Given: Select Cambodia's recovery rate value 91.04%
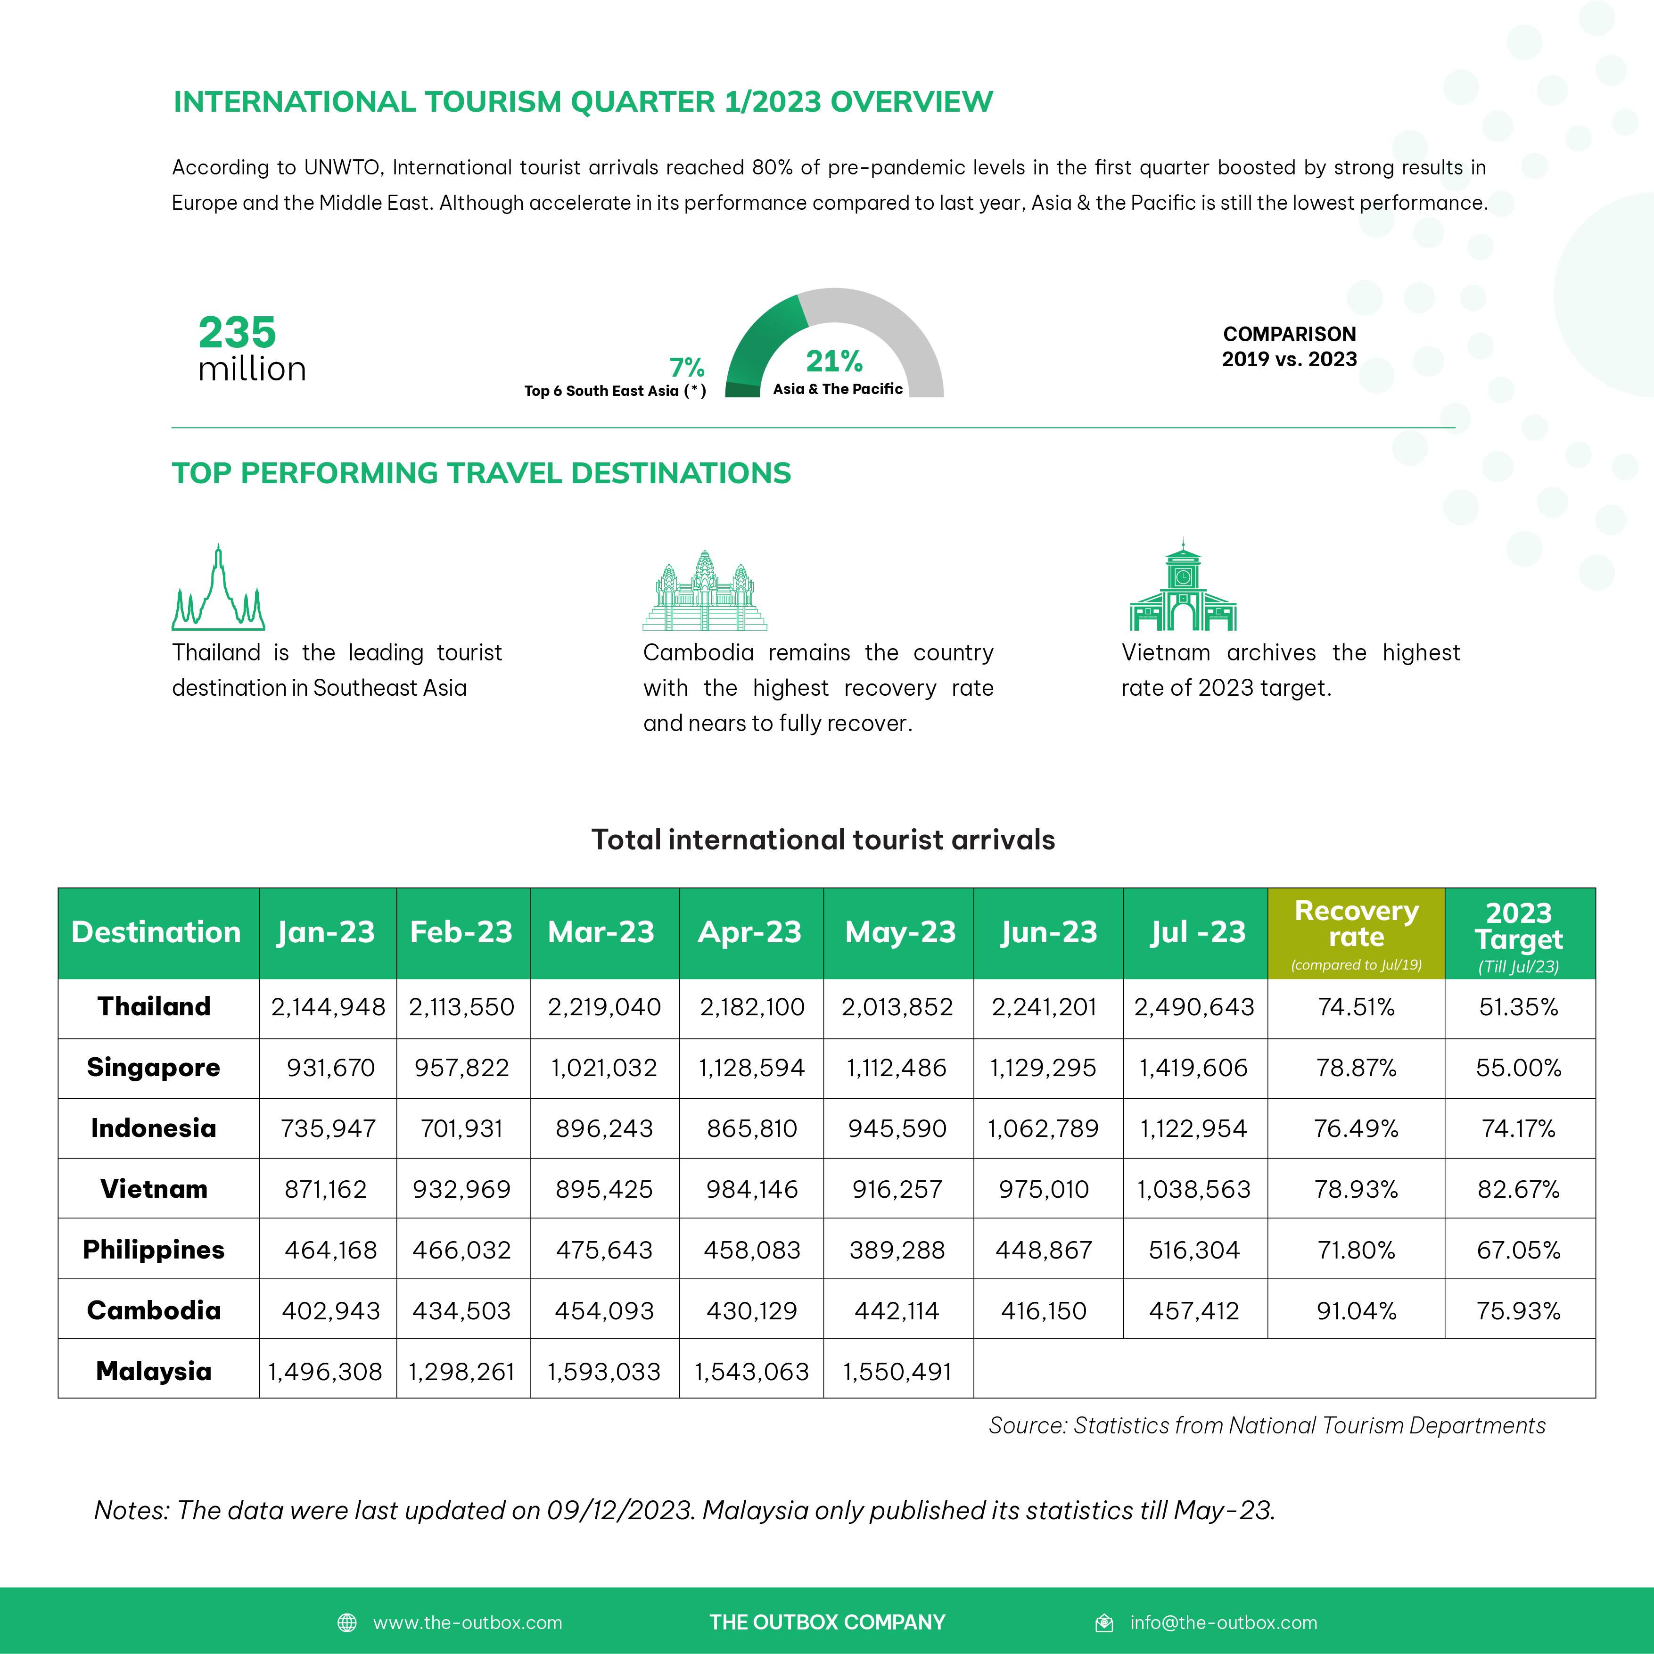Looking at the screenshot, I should click(x=1356, y=1311).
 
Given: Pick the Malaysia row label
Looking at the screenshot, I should click(x=154, y=1372).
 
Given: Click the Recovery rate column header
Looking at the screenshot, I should click(x=1356, y=925).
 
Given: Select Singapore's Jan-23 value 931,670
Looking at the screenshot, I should click(x=330, y=1068).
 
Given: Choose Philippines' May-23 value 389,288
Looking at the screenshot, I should click(x=897, y=1250).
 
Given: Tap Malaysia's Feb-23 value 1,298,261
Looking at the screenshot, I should click(x=461, y=1372).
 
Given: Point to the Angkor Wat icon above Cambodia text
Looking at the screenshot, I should click(x=705, y=591).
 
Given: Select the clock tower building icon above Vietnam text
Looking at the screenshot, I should click(x=1183, y=586).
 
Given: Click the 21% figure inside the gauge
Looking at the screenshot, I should click(x=834, y=361).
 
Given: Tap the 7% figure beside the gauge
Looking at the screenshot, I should click(x=687, y=367).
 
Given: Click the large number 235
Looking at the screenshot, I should click(x=237, y=332).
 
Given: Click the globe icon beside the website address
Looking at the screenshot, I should click(x=347, y=1622).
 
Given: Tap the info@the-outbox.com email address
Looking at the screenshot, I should click(x=1223, y=1622).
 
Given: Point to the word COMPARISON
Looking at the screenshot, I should click(x=1289, y=334).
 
